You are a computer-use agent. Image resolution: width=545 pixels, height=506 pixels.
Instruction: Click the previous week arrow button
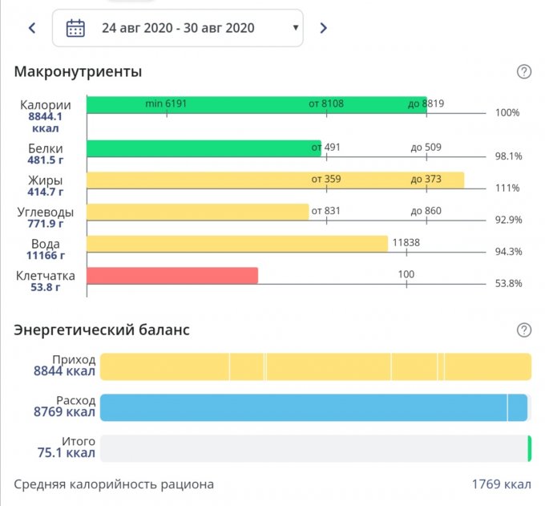point(32,28)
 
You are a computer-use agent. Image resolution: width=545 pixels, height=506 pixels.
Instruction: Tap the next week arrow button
point(323,28)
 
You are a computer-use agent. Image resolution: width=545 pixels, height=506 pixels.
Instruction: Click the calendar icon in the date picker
point(75,28)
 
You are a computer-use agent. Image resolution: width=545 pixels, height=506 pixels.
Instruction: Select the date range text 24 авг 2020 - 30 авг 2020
point(178,28)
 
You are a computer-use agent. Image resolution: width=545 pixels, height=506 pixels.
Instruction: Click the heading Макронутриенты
point(78,72)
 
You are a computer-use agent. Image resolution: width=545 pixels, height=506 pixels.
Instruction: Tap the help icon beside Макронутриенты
point(524,72)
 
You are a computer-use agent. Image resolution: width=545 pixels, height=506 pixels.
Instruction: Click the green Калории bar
point(256,105)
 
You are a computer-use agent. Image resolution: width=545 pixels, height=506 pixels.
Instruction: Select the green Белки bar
point(204,148)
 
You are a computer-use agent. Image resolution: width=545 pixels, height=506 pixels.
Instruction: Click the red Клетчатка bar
point(172,276)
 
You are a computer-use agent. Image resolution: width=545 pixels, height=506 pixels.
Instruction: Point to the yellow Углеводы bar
point(197,212)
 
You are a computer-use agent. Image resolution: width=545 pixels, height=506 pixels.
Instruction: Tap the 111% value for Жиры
point(507,188)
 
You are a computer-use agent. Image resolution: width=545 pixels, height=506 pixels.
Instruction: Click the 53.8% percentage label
point(507,283)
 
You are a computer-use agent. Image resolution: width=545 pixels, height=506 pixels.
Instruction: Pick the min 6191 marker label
point(165,103)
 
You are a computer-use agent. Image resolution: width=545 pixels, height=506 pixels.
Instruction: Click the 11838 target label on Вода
point(406,242)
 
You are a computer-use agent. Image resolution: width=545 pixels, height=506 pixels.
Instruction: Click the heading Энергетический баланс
point(102,330)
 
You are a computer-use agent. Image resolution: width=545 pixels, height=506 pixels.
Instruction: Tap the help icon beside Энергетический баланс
point(524,330)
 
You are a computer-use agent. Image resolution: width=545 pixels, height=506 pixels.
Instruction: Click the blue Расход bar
point(313,407)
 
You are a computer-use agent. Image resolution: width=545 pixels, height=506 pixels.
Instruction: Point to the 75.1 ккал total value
point(64,453)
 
